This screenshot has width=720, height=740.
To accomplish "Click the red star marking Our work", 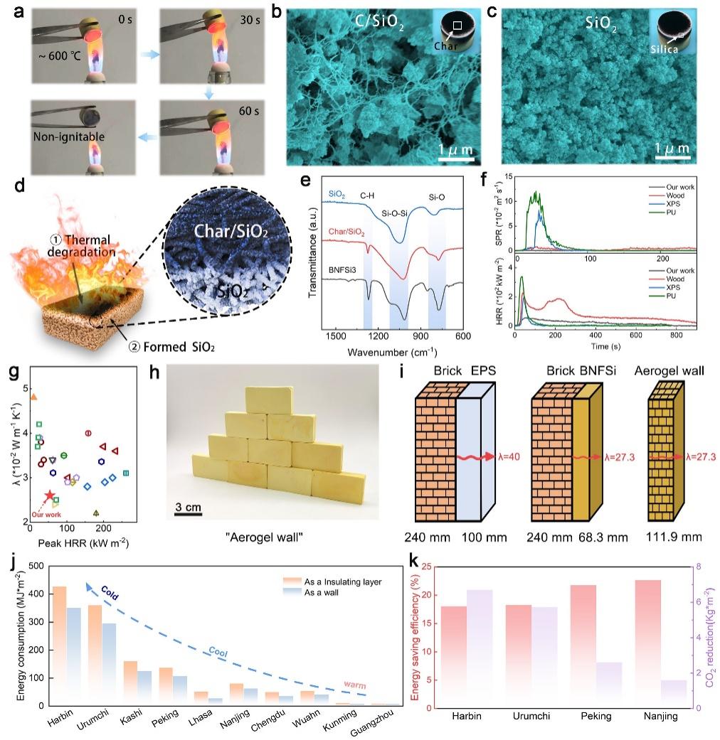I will (49, 495).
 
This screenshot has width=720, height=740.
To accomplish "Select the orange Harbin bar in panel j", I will (60, 647).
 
